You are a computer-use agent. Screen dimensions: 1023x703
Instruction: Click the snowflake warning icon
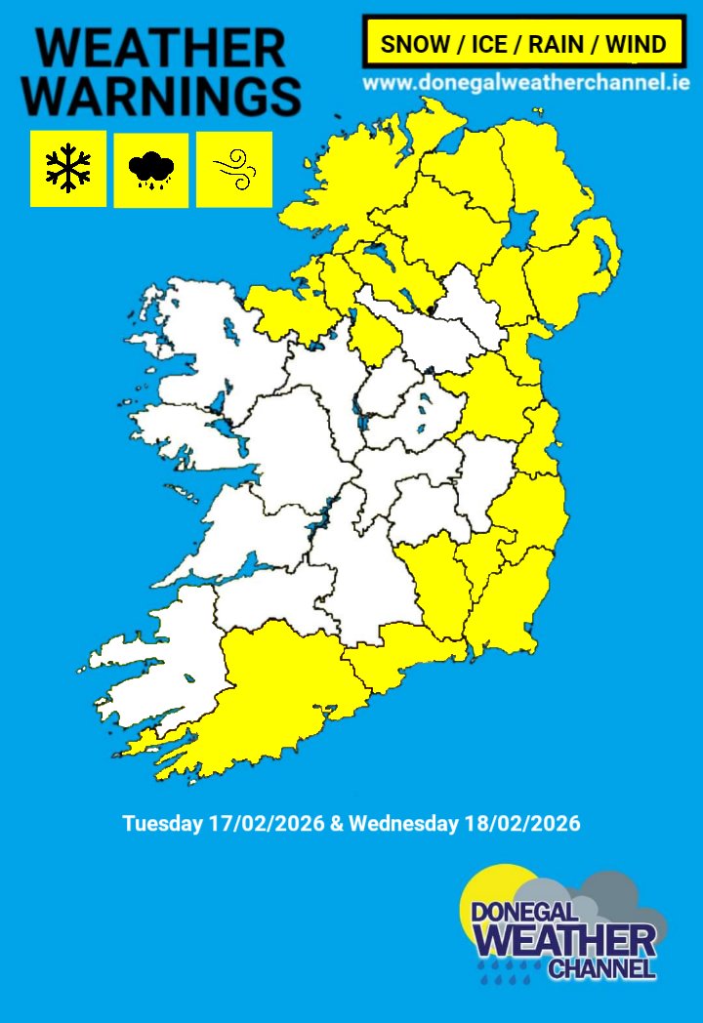[x=68, y=168]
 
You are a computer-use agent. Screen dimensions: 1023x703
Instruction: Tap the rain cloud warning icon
[x=151, y=170]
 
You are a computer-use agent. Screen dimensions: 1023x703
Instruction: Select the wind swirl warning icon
[x=234, y=169]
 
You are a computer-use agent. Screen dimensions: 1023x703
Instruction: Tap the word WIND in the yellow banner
[x=636, y=44]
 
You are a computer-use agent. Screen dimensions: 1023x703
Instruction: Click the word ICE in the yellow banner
[x=488, y=44]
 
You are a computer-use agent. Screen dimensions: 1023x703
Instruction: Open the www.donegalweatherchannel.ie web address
[x=526, y=83]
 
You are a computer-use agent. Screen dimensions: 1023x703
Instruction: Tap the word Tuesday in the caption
[x=163, y=823]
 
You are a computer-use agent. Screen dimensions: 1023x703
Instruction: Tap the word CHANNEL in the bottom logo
[x=600, y=968]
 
